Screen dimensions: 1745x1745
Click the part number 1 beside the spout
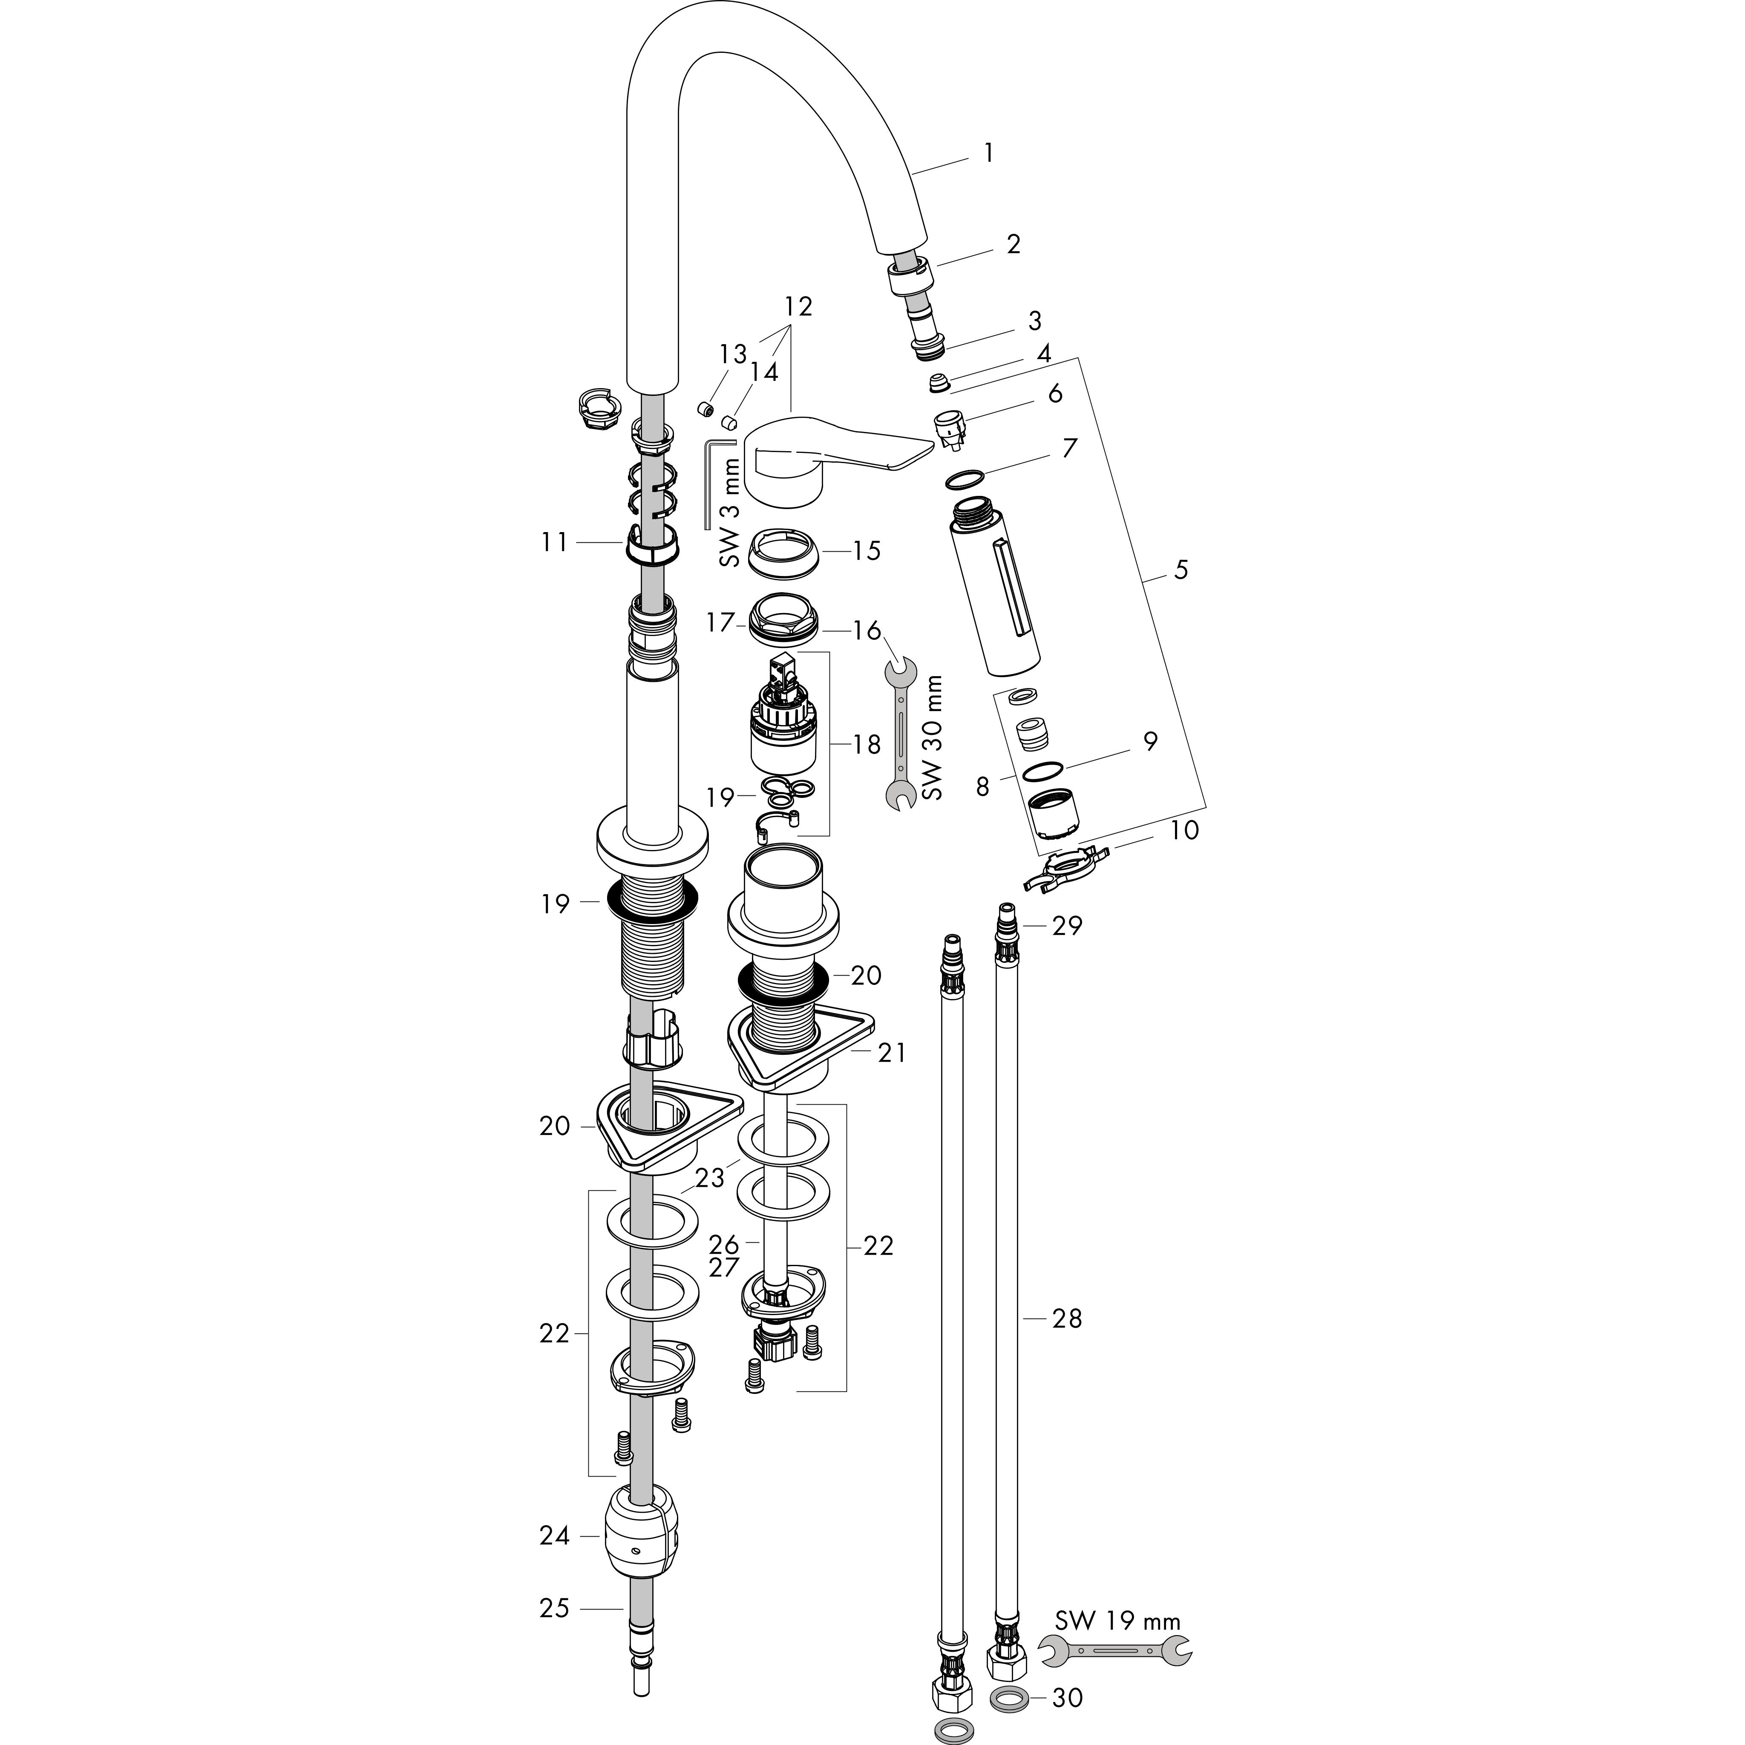[x=988, y=153]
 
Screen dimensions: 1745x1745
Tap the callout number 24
[x=555, y=1535]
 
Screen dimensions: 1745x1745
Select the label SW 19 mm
[x=1117, y=1620]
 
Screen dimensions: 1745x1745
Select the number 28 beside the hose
[x=1067, y=1319]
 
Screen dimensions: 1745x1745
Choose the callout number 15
[x=866, y=551]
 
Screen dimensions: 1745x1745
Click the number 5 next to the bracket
[x=1181, y=570]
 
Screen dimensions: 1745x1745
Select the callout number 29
[x=1067, y=926]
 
